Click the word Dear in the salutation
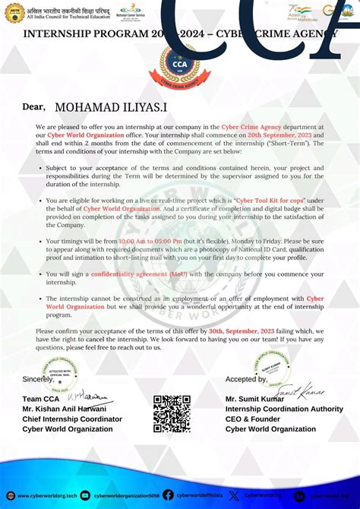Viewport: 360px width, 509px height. [x=34, y=107]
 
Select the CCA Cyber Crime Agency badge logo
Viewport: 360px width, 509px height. [x=180, y=68]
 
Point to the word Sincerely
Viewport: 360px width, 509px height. [x=38, y=379]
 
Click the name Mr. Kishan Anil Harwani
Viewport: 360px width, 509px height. [x=64, y=409]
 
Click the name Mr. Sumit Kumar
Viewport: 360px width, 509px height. [x=254, y=399]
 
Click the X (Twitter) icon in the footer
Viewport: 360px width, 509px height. [x=234, y=495]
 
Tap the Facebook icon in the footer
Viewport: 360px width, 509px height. [x=168, y=495]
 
